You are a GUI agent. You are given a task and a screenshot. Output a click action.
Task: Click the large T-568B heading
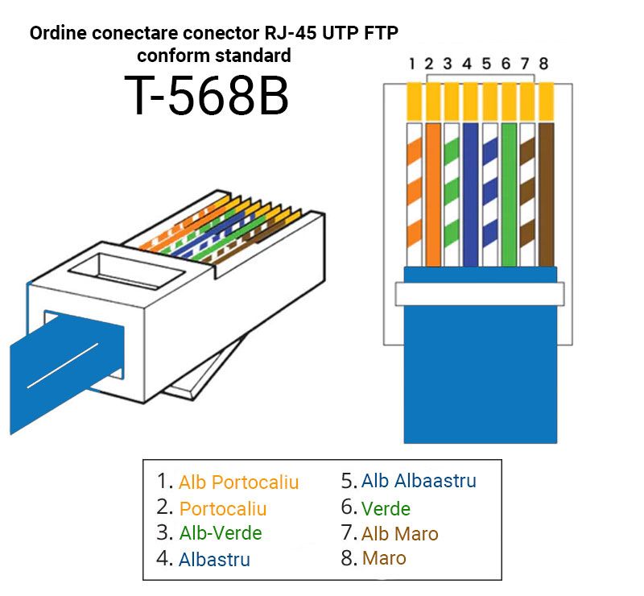point(207,95)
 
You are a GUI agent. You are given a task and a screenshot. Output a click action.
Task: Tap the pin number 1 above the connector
point(412,64)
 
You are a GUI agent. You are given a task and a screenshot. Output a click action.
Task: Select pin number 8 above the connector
point(544,64)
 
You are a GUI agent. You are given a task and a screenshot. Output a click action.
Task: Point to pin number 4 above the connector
point(467,64)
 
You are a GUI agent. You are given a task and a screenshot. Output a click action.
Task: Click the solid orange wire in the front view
point(433,194)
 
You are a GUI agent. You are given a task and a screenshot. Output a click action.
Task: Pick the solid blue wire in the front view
point(471,194)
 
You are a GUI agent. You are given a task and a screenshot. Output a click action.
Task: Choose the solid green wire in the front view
point(509,194)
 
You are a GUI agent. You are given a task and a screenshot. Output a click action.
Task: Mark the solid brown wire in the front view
point(547,194)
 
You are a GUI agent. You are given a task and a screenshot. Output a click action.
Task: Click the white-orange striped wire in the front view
point(415,194)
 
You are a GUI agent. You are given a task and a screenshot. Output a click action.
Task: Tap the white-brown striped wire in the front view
point(527,194)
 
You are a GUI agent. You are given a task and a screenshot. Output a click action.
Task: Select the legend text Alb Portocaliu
point(238,482)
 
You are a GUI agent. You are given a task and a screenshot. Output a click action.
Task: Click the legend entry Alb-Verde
point(221,533)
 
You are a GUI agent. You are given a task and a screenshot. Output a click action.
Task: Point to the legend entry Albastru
point(214,560)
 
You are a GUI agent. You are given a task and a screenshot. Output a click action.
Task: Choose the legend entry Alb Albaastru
point(419,481)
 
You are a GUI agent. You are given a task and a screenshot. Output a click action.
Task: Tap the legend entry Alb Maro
point(399,534)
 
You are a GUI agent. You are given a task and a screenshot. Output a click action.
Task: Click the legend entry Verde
point(386,509)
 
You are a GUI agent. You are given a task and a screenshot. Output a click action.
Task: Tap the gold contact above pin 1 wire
point(415,101)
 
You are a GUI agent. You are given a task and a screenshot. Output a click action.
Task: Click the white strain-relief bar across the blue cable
point(480,294)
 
